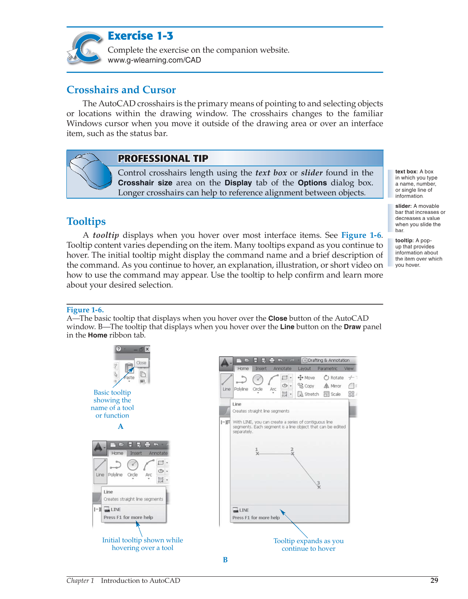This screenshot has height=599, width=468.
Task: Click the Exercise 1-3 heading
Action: (140, 36)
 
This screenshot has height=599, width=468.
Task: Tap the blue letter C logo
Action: (85, 48)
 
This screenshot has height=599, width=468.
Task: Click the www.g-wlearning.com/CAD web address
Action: (154, 60)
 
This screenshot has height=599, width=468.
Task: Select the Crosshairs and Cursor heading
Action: (121, 90)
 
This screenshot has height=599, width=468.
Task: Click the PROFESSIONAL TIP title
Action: (163, 158)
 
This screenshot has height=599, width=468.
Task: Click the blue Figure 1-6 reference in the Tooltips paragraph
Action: (361, 235)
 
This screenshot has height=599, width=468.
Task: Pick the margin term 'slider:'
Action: (403, 206)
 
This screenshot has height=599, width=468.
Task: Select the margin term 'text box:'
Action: (406, 172)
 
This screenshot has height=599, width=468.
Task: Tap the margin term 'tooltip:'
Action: (404, 241)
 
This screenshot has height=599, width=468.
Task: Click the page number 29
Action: (434, 580)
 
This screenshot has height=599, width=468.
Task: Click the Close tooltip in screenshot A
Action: (141, 363)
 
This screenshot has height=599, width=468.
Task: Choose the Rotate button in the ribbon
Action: (334, 377)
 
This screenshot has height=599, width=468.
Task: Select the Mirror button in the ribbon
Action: (333, 386)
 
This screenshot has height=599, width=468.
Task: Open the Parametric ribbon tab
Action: (327, 369)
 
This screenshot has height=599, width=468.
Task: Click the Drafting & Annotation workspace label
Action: (328, 360)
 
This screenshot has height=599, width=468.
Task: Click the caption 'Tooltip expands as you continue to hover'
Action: (308, 545)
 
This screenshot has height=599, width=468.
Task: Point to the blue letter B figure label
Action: (225, 560)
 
